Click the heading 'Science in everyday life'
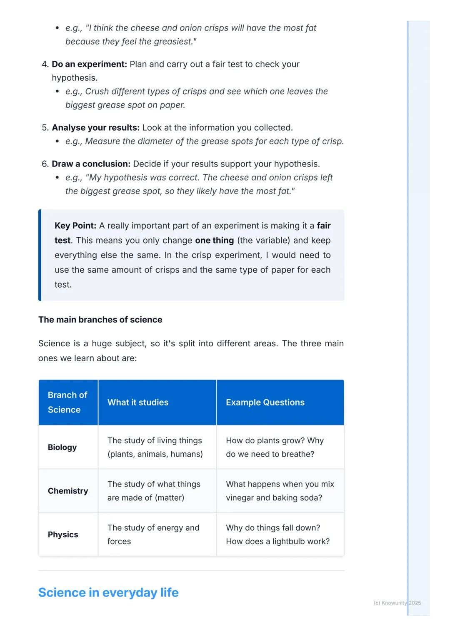[108, 592]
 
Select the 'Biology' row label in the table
[62, 447]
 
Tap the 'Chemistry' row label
[68, 491]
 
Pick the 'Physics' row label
[63, 534]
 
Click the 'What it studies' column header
[138, 402]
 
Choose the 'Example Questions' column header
[265, 402]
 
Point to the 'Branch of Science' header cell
[67, 402]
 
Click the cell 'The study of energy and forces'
[153, 534]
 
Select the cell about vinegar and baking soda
[280, 491]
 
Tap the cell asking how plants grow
[275, 447]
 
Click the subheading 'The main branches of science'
[100, 320]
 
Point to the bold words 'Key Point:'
[75, 226]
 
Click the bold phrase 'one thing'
[214, 241]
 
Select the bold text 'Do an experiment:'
[89, 64]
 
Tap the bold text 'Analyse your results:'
[95, 127]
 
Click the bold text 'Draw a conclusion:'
[91, 164]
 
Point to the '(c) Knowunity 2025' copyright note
[397, 603]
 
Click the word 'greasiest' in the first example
[174, 42]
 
